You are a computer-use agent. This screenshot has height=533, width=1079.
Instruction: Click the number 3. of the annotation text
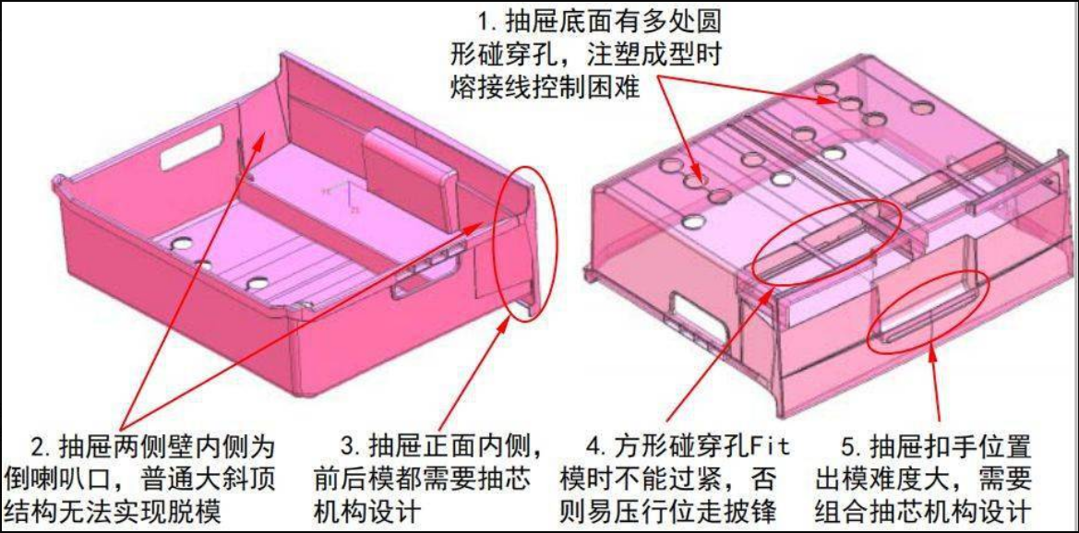click(x=354, y=448)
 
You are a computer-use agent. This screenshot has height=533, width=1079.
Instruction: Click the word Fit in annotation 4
click(x=767, y=448)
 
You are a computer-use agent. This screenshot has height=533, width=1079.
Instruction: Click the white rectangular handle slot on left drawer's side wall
click(x=191, y=147)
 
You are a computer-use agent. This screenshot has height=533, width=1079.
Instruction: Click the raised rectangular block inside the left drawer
click(x=408, y=180)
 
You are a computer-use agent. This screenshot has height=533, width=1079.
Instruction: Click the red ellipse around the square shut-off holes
click(x=826, y=242)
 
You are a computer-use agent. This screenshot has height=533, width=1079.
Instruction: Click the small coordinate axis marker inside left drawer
click(x=343, y=196)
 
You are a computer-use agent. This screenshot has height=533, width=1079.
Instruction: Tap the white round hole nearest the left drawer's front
click(x=257, y=283)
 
